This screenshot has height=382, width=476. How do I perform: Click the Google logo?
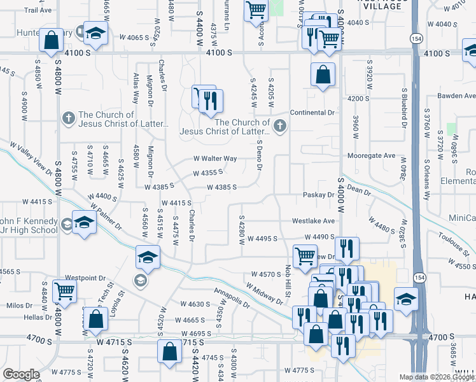click(21, 374)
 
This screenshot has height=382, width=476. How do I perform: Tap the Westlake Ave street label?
click(313, 221)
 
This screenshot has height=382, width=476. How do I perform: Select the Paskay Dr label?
click(319, 194)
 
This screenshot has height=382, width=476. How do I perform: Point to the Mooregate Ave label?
click(372, 155)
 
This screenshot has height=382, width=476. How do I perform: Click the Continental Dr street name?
click(312, 113)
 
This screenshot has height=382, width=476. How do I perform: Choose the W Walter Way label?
click(215, 159)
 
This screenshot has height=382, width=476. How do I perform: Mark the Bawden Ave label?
click(456, 96)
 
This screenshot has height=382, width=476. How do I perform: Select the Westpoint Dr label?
click(85, 278)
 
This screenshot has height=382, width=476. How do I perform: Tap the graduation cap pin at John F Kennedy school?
click(83, 223)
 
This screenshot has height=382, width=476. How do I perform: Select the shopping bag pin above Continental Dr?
click(323, 74)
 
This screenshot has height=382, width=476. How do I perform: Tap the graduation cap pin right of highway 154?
click(406, 298)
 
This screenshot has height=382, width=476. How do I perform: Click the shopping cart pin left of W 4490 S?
click(305, 256)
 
